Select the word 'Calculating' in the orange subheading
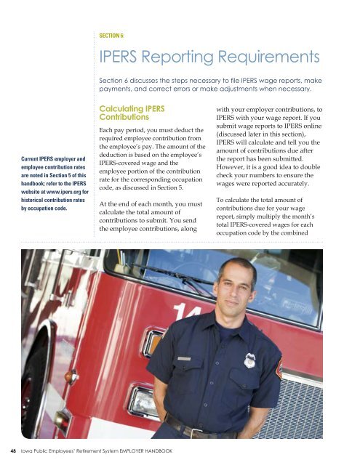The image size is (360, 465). (126, 108)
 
